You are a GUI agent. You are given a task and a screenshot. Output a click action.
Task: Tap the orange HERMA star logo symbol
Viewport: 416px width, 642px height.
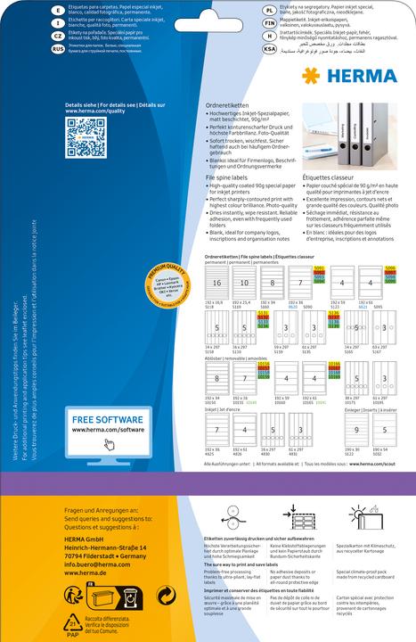click(x=309, y=75)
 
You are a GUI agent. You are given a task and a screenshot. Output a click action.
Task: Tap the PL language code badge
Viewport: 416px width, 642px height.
click(x=269, y=8)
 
